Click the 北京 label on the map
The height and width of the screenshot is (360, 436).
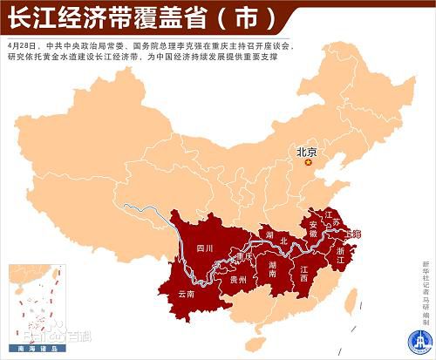[307, 152]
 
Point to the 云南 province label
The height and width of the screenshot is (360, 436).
[187, 295]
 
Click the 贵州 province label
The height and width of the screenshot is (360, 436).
[237, 281]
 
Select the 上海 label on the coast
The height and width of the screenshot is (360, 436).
[353, 234]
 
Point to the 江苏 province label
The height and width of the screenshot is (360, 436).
[330, 218]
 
